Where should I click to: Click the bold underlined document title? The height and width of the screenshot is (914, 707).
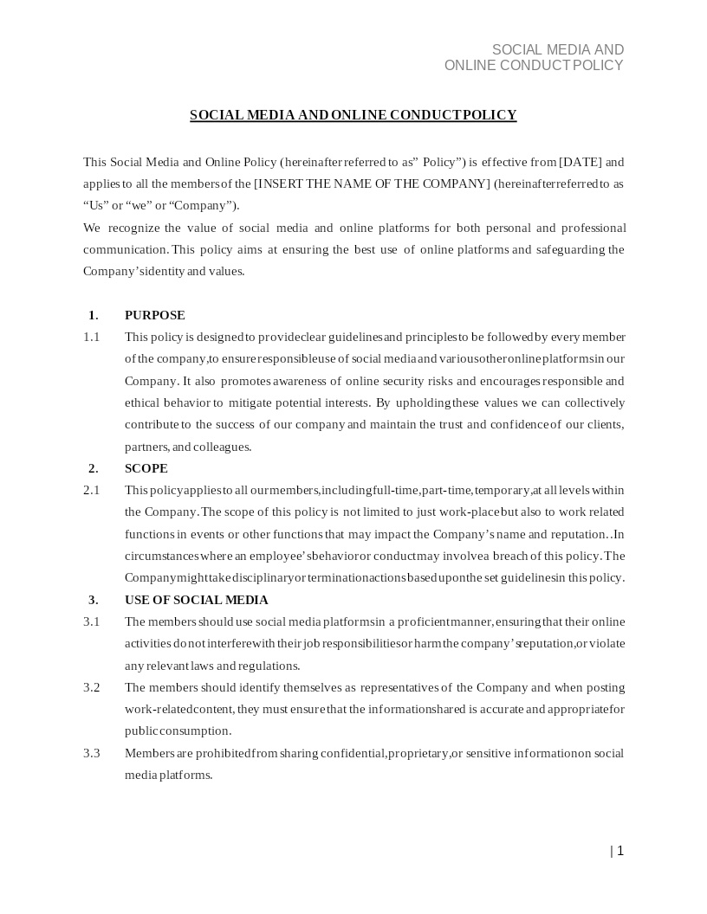(x=353, y=115)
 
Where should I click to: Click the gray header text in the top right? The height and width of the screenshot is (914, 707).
(x=534, y=58)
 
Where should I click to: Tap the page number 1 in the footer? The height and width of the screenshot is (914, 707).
(x=619, y=851)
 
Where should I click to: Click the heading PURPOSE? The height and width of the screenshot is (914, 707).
(x=154, y=315)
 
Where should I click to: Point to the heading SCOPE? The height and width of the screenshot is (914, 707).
(x=146, y=468)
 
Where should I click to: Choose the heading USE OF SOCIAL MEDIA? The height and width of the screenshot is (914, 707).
(x=196, y=600)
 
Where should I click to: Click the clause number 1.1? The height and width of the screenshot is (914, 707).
(x=91, y=337)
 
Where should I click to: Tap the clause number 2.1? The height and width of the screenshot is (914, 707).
(x=91, y=490)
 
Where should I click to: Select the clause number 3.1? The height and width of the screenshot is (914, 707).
(x=91, y=621)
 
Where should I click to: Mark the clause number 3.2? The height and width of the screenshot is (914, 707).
(x=91, y=687)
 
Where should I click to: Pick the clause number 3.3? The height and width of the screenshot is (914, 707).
(x=91, y=753)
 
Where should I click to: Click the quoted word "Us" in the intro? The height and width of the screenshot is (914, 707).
(x=94, y=206)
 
